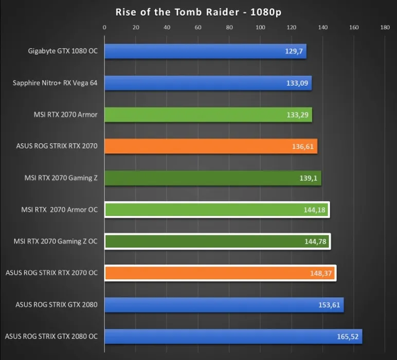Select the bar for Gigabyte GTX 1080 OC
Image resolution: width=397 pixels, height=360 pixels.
click(205, 51)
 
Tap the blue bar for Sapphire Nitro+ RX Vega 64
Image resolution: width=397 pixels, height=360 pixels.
click(208, 83)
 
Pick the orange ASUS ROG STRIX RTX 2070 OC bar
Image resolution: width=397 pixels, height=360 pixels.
click(220, 273)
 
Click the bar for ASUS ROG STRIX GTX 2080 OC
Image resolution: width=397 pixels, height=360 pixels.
click(233, 337)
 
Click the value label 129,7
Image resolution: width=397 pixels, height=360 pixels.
click(295, 52)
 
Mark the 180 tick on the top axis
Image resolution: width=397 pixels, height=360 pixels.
click(385, 27)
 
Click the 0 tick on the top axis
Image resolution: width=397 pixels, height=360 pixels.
click(105, 27)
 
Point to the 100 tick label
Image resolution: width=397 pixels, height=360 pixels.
click(260, 27)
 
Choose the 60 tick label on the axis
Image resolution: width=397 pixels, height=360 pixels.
click(198, 27)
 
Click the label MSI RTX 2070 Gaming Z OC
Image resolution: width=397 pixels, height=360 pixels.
click(56, 241)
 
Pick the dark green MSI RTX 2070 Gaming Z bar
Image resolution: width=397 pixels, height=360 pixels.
click(213, 178)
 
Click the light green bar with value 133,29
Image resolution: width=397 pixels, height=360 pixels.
click(208, 115)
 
